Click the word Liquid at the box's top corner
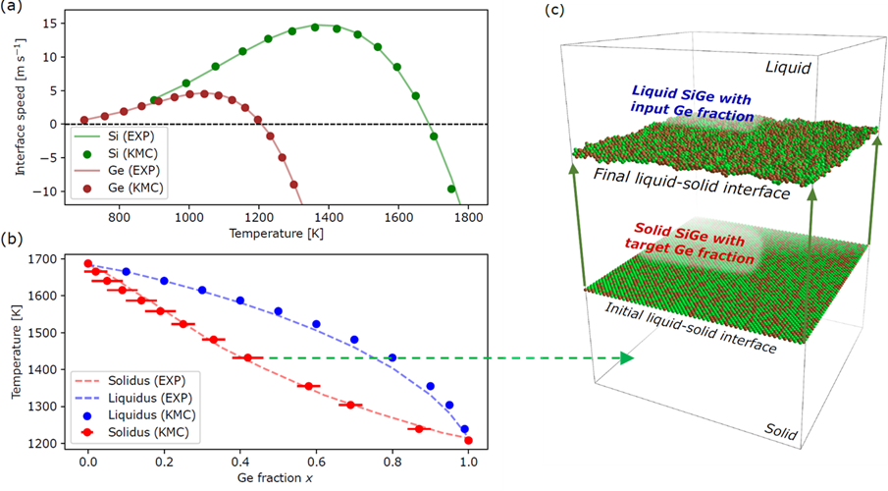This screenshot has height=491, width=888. (x=792, y=68)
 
